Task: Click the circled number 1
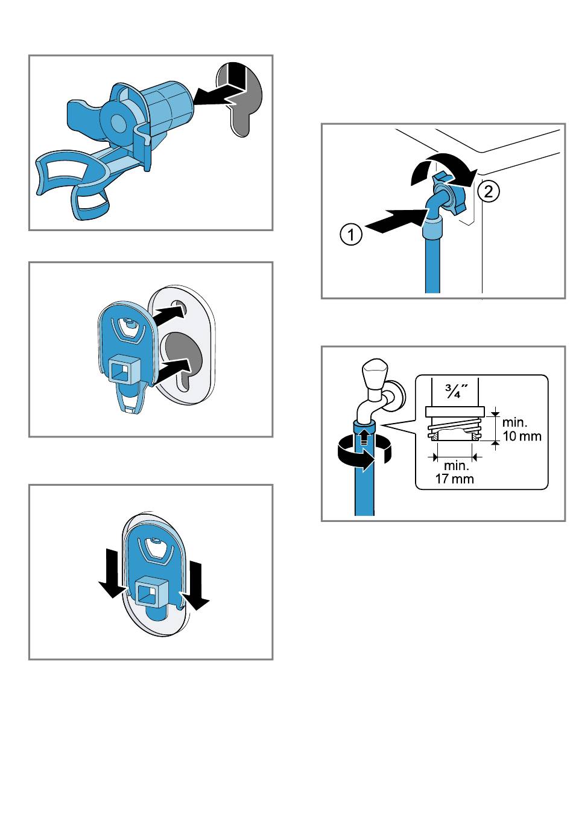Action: tap(351, 234)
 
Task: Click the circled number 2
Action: tap(489, 192)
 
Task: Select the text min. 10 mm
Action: tap(522, 430)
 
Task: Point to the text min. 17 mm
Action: tap(455, 472)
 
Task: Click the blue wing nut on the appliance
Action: tap(450, 192)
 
